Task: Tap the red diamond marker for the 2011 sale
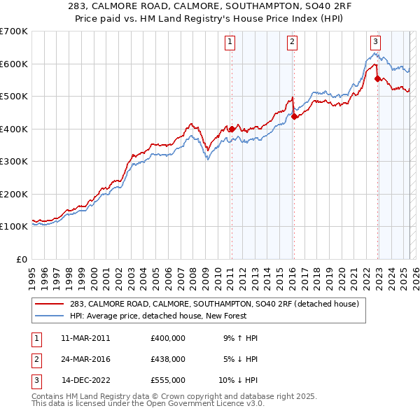tap(232, 129)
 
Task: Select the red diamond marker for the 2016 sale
tap(295, 116)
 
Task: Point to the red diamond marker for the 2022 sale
tap(378, 78)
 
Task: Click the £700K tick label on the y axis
tap(13, 31)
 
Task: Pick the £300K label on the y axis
tap(13, 162)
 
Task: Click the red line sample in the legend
tap(49, 304)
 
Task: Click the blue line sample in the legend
tap(49, 316)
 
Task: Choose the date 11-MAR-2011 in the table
tap(85, 338)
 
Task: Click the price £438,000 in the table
tap(167, 359)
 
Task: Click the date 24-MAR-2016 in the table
tap(85, 359)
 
